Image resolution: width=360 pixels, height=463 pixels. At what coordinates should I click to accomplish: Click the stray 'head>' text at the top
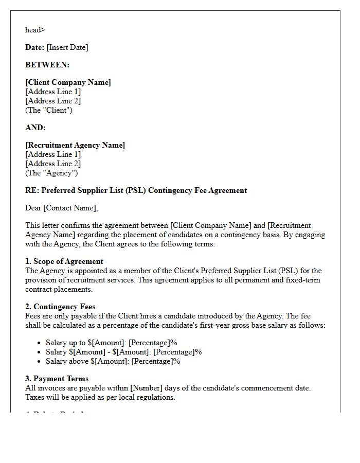35,30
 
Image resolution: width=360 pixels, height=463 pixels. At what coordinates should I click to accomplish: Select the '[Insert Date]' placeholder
67,47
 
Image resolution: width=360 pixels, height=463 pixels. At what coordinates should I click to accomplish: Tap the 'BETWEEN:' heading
47,65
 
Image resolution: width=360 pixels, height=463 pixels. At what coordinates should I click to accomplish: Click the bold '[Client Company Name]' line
68,82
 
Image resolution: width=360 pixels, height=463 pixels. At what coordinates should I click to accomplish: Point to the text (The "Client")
49,110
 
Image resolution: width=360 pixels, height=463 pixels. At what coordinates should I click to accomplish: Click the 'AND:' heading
35,128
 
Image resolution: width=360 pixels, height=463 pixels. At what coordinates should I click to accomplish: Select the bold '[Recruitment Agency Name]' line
75,145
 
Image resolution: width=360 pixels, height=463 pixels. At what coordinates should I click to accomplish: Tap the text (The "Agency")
51,173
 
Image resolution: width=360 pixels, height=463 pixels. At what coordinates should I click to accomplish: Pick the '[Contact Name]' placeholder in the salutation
70,208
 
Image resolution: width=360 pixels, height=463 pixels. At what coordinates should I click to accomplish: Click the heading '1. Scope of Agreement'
64,261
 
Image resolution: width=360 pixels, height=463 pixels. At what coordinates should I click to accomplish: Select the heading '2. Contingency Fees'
60,307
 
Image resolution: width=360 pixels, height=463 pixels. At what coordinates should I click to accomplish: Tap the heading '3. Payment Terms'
57,379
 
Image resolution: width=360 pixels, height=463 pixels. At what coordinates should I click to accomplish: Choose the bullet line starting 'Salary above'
113,361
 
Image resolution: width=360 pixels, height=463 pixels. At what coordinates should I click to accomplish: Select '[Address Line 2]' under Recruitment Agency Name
53,164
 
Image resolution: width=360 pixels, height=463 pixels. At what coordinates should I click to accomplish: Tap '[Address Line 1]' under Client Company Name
53,92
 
